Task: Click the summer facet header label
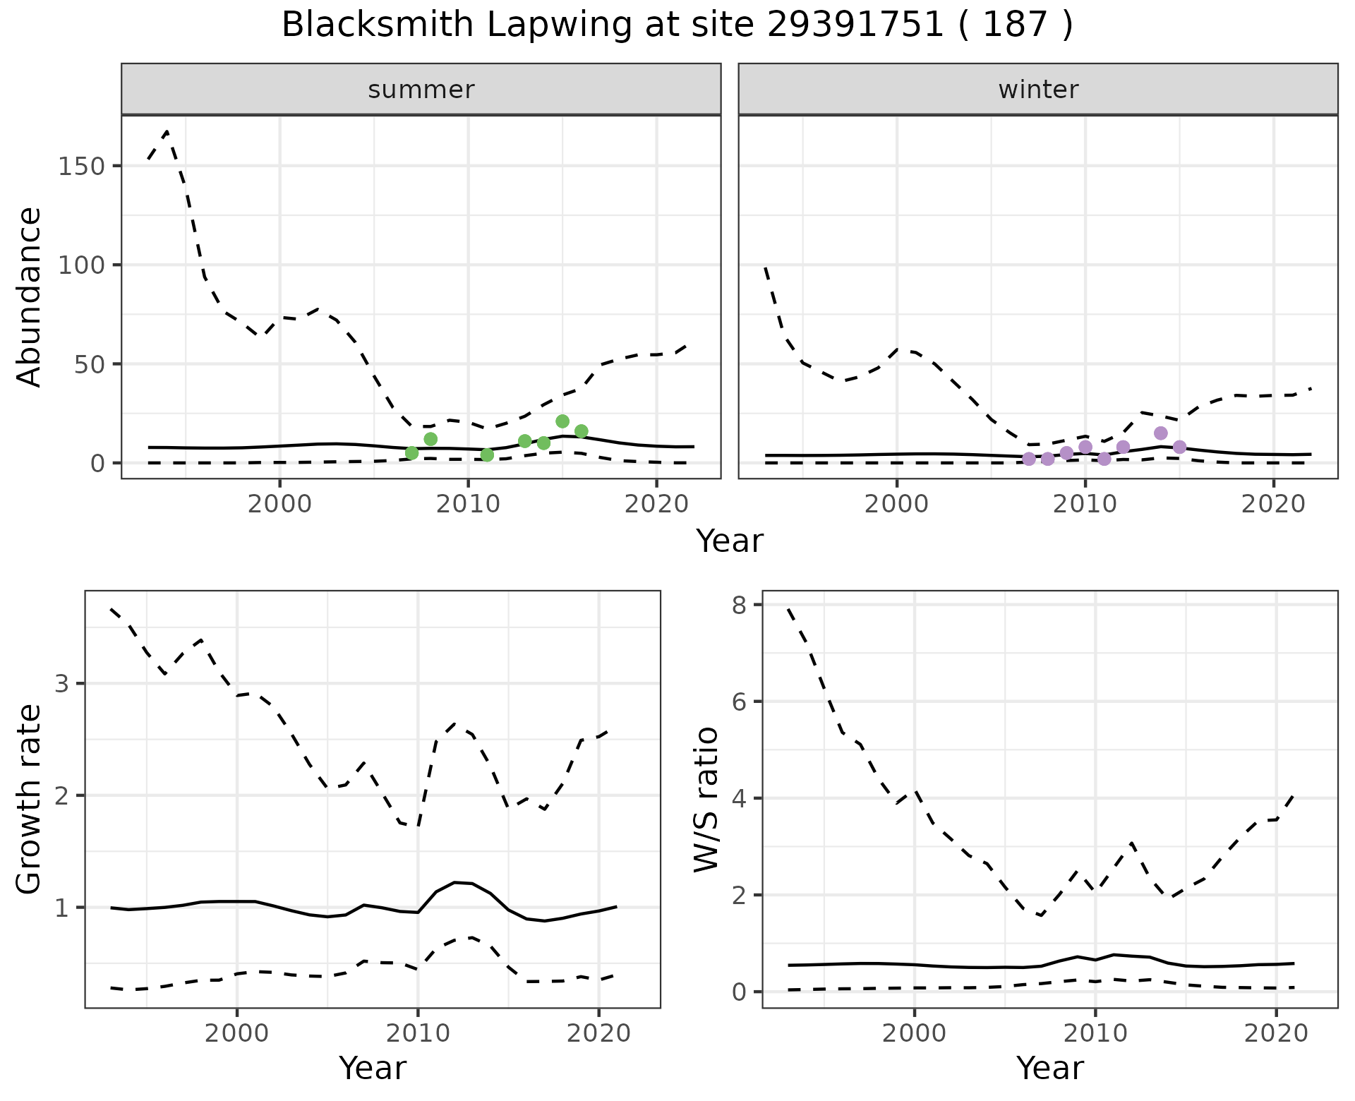coord(421,90)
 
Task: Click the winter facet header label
coord(1038,90)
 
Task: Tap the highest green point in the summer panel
coord(562,421)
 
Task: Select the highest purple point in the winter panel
coord(1161,433)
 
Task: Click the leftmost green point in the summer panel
coord(412,453)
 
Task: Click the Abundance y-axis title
coord(30,296)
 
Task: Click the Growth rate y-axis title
coord(30,799)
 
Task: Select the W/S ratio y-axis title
coord(706,799)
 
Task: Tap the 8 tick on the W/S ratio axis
coord(740,605)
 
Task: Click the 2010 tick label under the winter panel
coord(1085,505)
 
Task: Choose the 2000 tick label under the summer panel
coord(280,505)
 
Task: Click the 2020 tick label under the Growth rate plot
coord(598,1034)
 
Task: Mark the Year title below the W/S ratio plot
coord(1049,1068)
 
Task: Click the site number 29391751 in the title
coord(855,25)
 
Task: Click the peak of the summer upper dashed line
coord(167,131)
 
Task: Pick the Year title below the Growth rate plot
coord(373,1068)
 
